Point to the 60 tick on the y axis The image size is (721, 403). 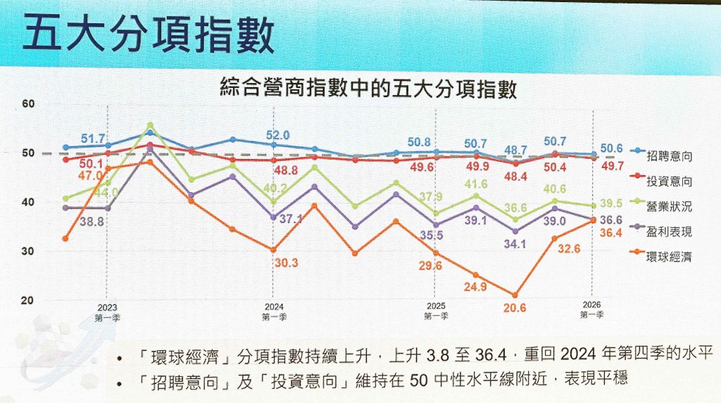point(28,104)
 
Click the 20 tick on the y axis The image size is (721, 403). point(28,301)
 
